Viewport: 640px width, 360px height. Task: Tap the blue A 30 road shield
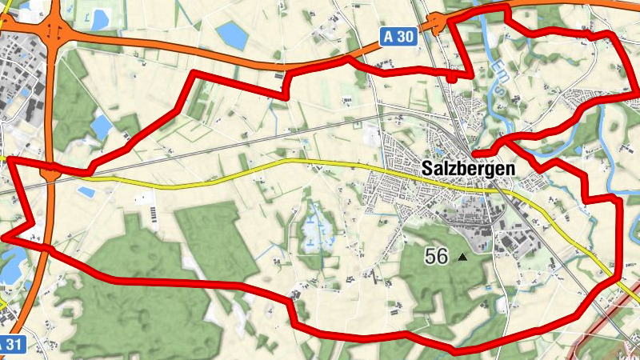[x=398, y=36]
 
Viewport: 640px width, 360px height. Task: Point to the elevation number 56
[x=437, y=256]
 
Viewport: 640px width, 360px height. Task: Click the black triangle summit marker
[x=462, y=258]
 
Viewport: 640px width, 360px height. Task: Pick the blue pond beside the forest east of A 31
[x=102, y=126]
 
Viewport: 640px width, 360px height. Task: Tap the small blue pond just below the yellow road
[x=86, y=192]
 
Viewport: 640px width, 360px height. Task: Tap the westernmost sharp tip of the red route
[x=4, y=237]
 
